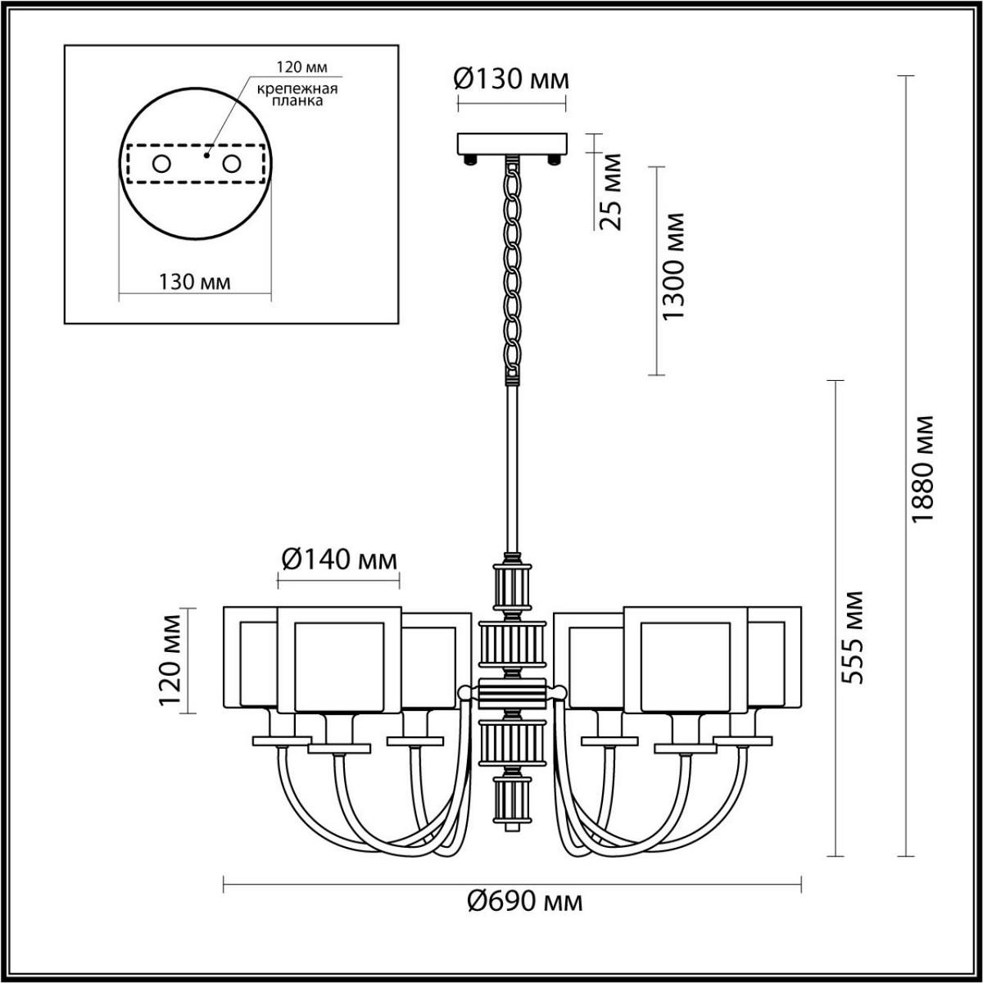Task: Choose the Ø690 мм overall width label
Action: point(525,903)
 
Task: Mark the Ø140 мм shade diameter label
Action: point(338,559)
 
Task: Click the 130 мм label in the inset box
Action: point(195,282)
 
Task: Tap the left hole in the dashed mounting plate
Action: point(161,164)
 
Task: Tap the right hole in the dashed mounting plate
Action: point(232,164)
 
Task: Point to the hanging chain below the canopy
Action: point(512,270)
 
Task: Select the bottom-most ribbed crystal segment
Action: point(511,803)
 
